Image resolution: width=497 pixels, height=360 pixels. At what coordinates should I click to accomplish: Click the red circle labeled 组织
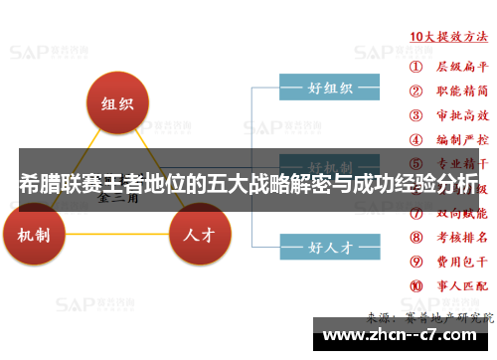pyautogui.click(x=117, y=104)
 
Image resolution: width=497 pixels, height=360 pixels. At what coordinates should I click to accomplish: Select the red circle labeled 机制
pyautogui.click(x=41, y=235)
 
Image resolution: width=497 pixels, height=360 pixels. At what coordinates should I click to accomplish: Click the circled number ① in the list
pyautogui.click(x=415, y=69)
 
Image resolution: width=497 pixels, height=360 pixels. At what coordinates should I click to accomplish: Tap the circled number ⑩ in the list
pyautogui.click(x=415, y=286)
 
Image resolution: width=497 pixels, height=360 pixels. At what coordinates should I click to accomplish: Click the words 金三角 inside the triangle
pyautogui.click(x=117, y=197)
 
